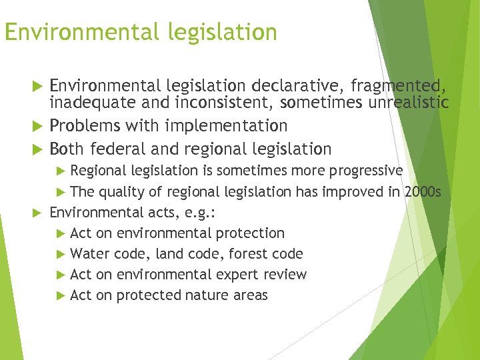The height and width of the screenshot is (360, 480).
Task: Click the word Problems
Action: pos(83,125)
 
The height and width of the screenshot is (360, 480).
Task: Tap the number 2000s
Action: pos(423,192)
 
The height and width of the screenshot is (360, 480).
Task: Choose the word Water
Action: pos(90,254)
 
